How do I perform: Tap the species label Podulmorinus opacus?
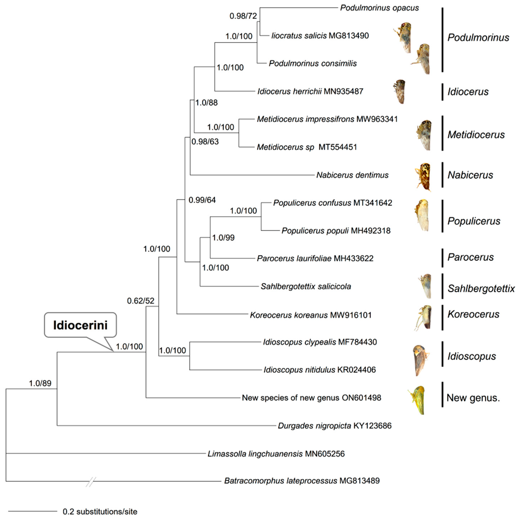[379, 8]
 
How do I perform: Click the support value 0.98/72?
[243, 16]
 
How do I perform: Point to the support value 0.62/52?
[141, 301]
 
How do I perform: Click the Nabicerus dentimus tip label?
[352, 175]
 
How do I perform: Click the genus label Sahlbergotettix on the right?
[481, 289]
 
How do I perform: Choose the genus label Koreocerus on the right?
[473, 314]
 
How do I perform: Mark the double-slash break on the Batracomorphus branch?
[91, 482]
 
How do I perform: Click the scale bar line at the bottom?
[33, 511]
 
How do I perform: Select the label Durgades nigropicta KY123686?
[335, 426]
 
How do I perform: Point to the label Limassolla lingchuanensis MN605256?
[276, 454]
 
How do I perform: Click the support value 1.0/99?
[223, 237]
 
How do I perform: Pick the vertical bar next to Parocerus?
[442, 258]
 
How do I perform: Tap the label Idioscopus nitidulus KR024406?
[319, 370]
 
